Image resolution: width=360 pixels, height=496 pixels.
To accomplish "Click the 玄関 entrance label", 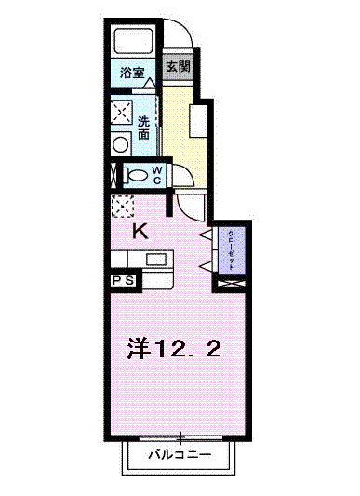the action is pos(179,66).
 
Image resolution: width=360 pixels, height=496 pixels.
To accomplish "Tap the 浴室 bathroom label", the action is pos(132,74).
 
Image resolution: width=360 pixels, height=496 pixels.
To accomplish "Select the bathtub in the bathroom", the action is pos(134,41).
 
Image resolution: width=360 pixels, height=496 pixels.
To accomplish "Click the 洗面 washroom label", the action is pos(143,127).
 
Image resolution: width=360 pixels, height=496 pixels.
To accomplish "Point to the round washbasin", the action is pos(121,145).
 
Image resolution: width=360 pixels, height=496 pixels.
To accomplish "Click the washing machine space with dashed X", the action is pos(121,113).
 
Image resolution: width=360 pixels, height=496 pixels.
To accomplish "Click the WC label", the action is pos(157,175).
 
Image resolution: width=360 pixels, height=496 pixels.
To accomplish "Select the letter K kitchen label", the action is pos(140,232).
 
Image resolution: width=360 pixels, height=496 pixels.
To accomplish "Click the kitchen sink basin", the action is pos(156,260).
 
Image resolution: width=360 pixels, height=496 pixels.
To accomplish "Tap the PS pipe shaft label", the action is pos(123,280).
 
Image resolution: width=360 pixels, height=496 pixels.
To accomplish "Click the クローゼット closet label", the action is pos(232,250).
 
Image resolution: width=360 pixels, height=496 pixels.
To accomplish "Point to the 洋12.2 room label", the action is pos(174,348).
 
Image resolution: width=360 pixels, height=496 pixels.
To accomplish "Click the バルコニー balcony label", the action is pos(180,455).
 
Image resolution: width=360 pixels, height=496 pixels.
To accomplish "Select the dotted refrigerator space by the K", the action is pos(123,206).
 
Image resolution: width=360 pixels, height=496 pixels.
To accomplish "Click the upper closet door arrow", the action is pos(206,235).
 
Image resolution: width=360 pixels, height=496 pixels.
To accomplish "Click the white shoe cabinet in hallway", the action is pos(198,121).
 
